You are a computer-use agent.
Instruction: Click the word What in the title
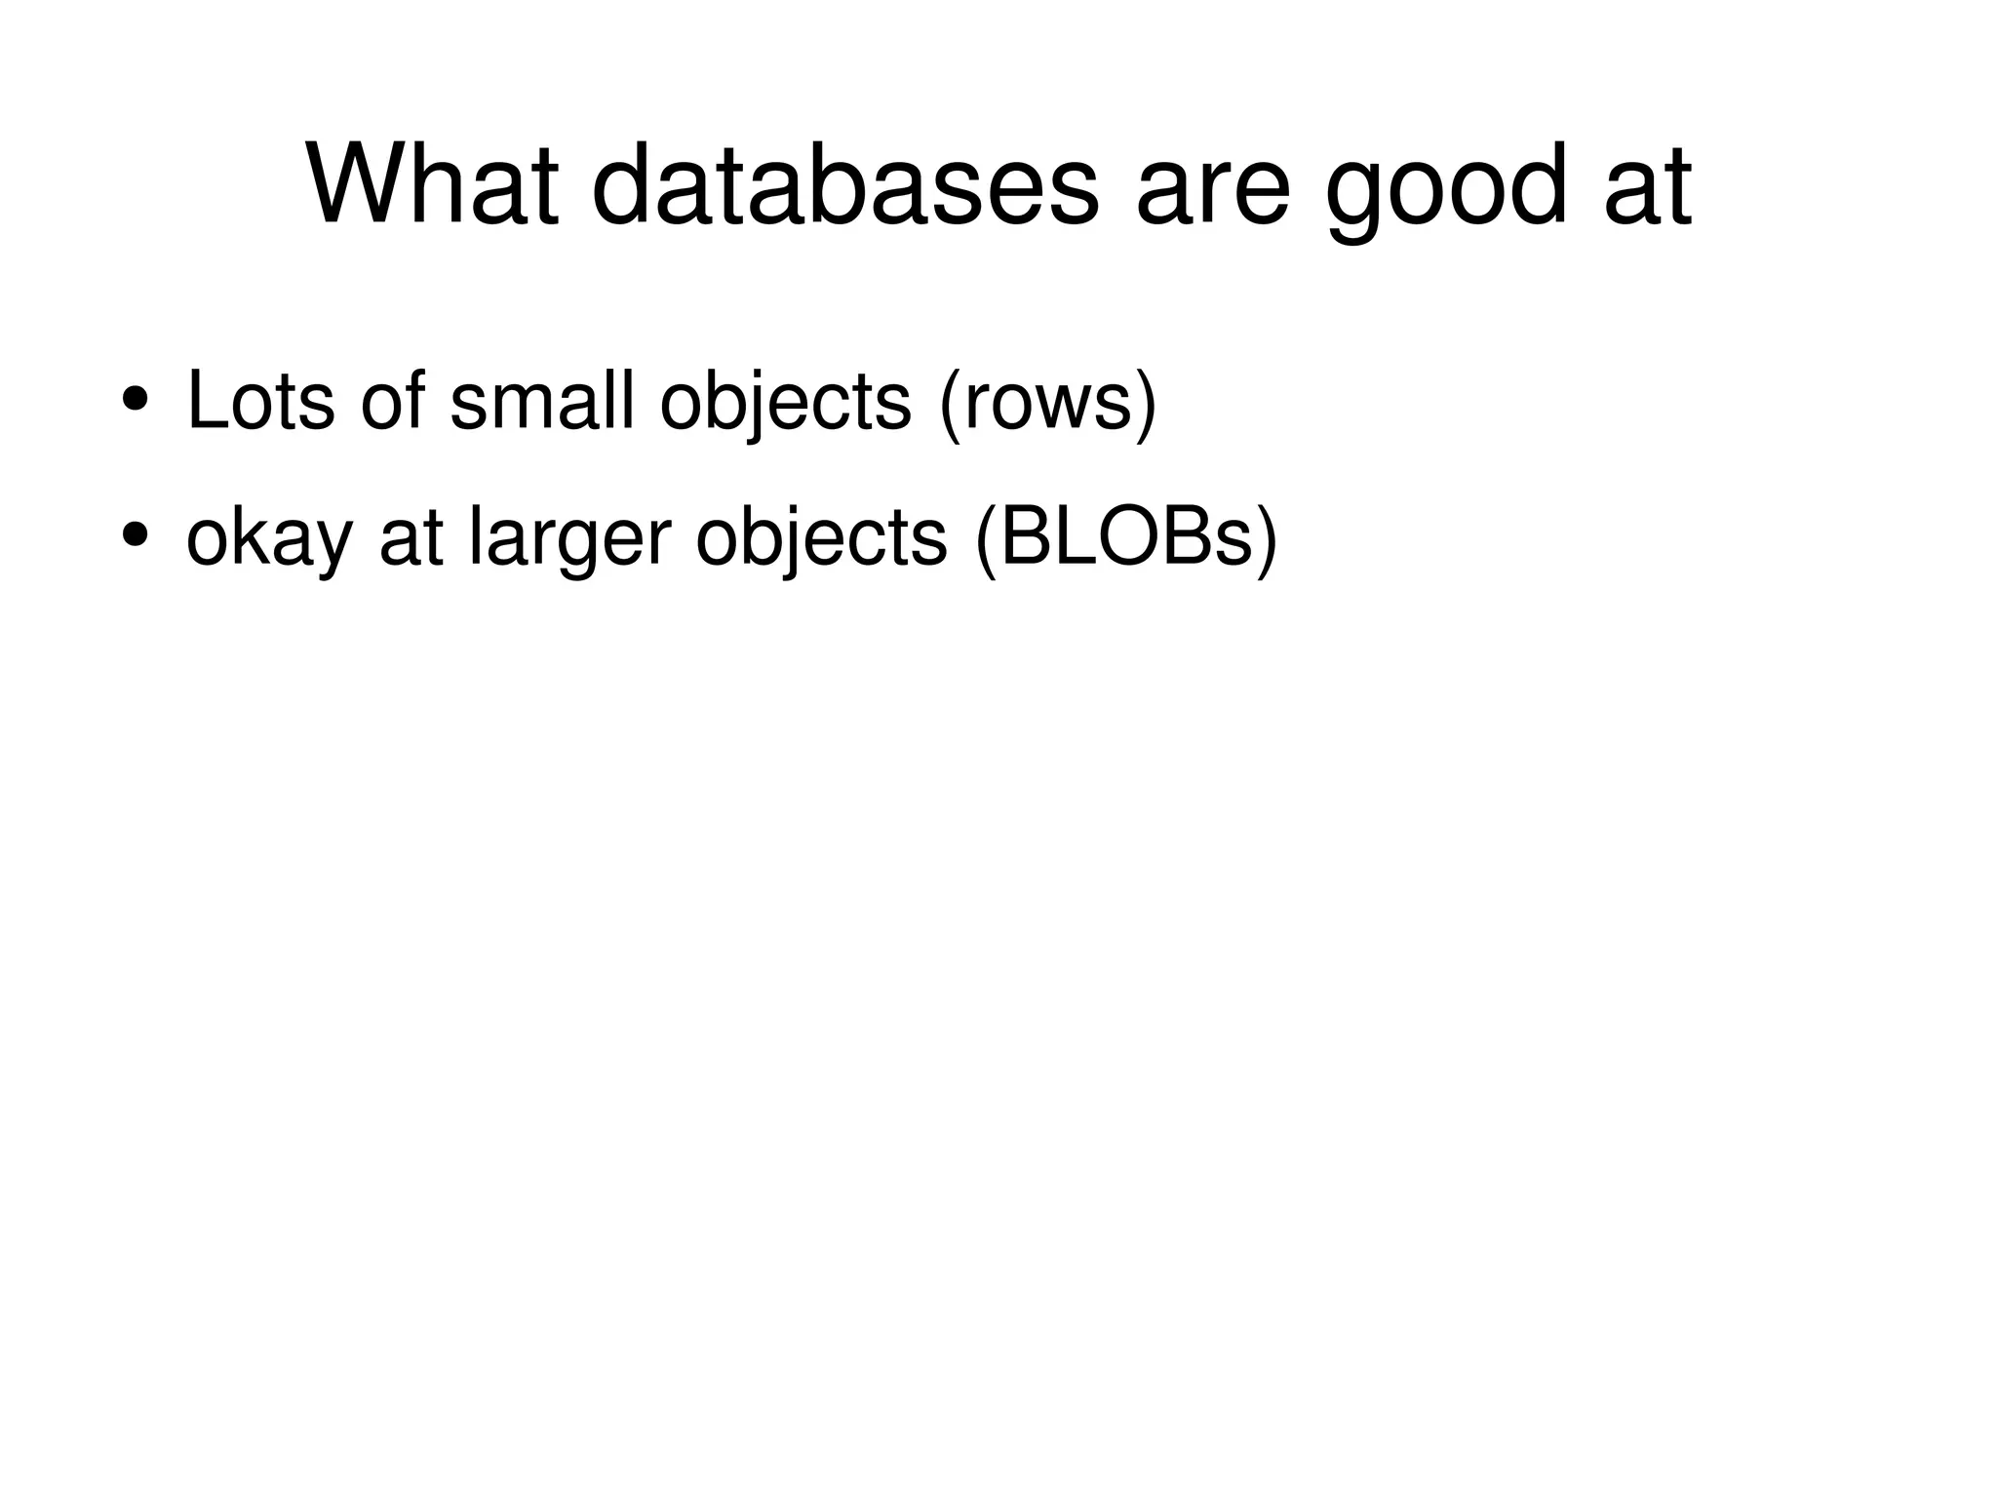pos(433,184)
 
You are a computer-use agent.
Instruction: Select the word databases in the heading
pos(844,184)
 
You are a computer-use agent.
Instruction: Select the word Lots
pos(260,400)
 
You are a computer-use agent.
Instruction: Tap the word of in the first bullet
pos(393,400)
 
